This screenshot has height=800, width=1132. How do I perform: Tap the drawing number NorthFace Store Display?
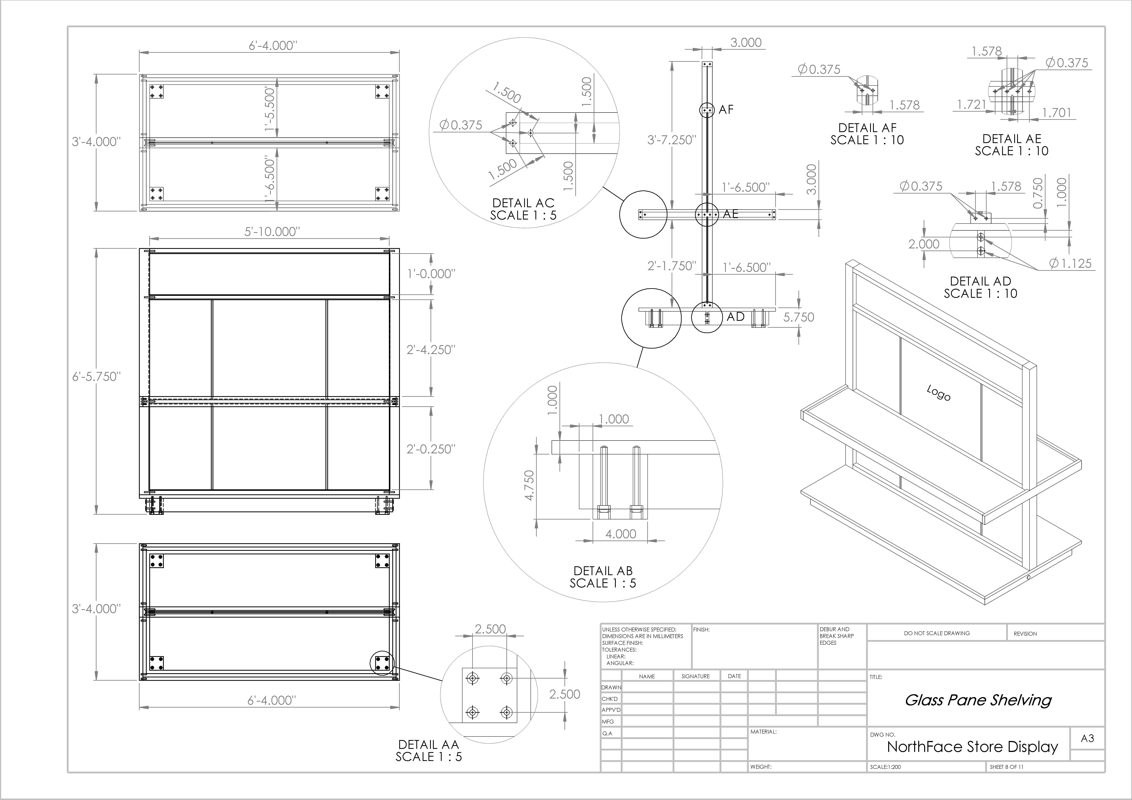[972, 747]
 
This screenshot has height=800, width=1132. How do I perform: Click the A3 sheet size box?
[1087, 738]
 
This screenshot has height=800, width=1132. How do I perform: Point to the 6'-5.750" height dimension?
[97, 377]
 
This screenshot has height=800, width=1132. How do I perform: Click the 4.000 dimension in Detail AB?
[621, 534]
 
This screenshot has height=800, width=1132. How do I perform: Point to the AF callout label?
[726, 109]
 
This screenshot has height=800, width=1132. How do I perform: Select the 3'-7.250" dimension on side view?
[671, 140]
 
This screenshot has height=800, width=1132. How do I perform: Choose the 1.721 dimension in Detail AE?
[971, 105]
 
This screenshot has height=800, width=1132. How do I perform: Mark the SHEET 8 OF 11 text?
[1007, 767]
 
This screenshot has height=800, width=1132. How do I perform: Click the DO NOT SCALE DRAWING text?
[937, 633]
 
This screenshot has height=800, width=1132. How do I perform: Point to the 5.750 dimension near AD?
[799, 317]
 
